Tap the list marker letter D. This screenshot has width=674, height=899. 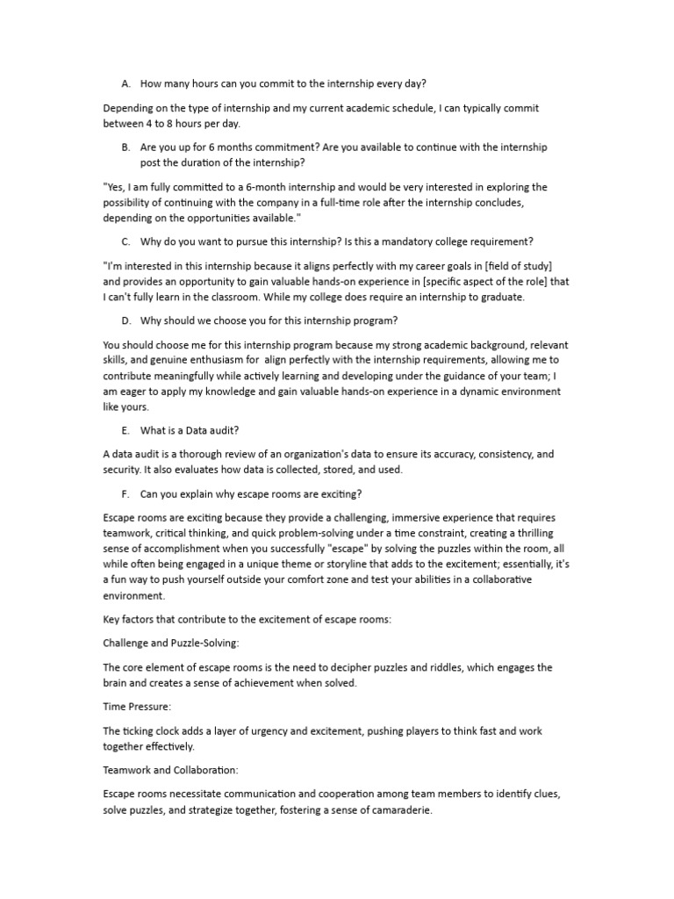[x=126, y=321]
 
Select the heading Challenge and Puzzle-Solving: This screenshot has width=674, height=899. [x=171, y=643]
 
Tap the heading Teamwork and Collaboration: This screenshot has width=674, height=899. [x=170, y=769]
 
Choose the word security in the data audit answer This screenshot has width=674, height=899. [x=125, y=470]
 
